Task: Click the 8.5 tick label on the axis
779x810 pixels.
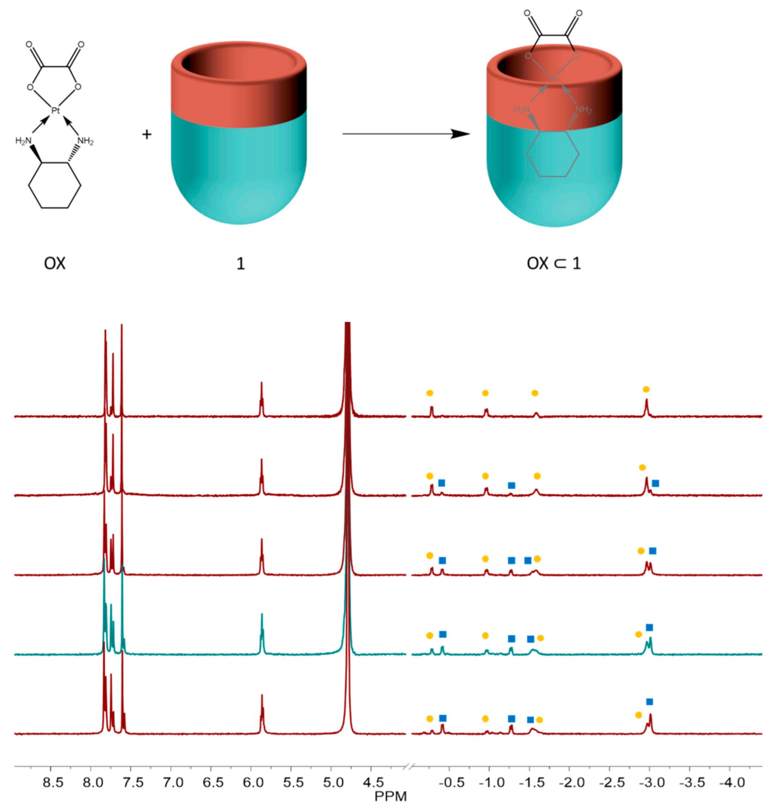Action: click(x=53, y=782)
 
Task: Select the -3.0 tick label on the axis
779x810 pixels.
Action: click(x=651, y=782)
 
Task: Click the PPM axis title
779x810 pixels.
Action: click(x=390, y=796)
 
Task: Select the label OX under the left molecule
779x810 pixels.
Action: click(x=55, y=263)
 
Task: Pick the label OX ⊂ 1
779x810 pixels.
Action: click(x=554, y=263)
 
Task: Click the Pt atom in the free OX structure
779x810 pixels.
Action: click(x=55, y=111)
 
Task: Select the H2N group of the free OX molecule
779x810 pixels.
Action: click(x=23, y=141)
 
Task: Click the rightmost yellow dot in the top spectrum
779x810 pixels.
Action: click(x=646, y=389)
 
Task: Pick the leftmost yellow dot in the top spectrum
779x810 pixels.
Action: click(x=430, y=393)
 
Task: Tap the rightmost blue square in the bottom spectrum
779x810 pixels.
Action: click(x=649, y=702)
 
